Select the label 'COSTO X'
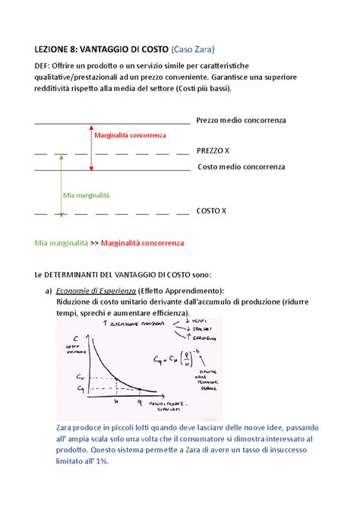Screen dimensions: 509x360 click(x=212, y=211)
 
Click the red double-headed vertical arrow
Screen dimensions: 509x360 click(x=92, y=146)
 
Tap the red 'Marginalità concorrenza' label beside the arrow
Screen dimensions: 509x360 click(x=130, y=135)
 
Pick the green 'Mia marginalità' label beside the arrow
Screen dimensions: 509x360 click(x=87, y=195)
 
